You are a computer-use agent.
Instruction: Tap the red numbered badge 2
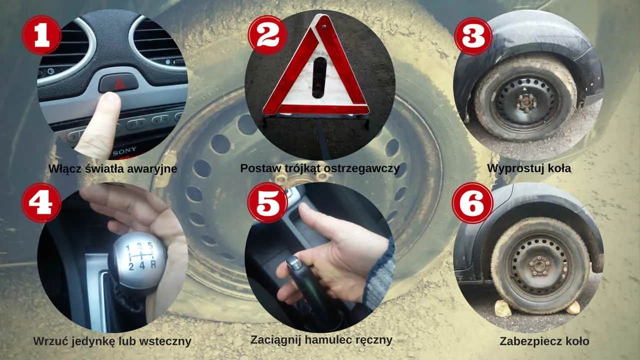pos(267,34)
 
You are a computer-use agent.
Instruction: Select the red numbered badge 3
pos(472,35)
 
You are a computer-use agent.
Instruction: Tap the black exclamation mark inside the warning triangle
pos(318,77)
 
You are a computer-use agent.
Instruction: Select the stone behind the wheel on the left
pos(503,308)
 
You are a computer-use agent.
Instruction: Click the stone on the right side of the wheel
pos(573,307)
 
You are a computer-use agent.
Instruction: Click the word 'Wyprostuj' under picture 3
pos(511,168)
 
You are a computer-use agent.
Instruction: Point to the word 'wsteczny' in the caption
pos(167,341)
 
